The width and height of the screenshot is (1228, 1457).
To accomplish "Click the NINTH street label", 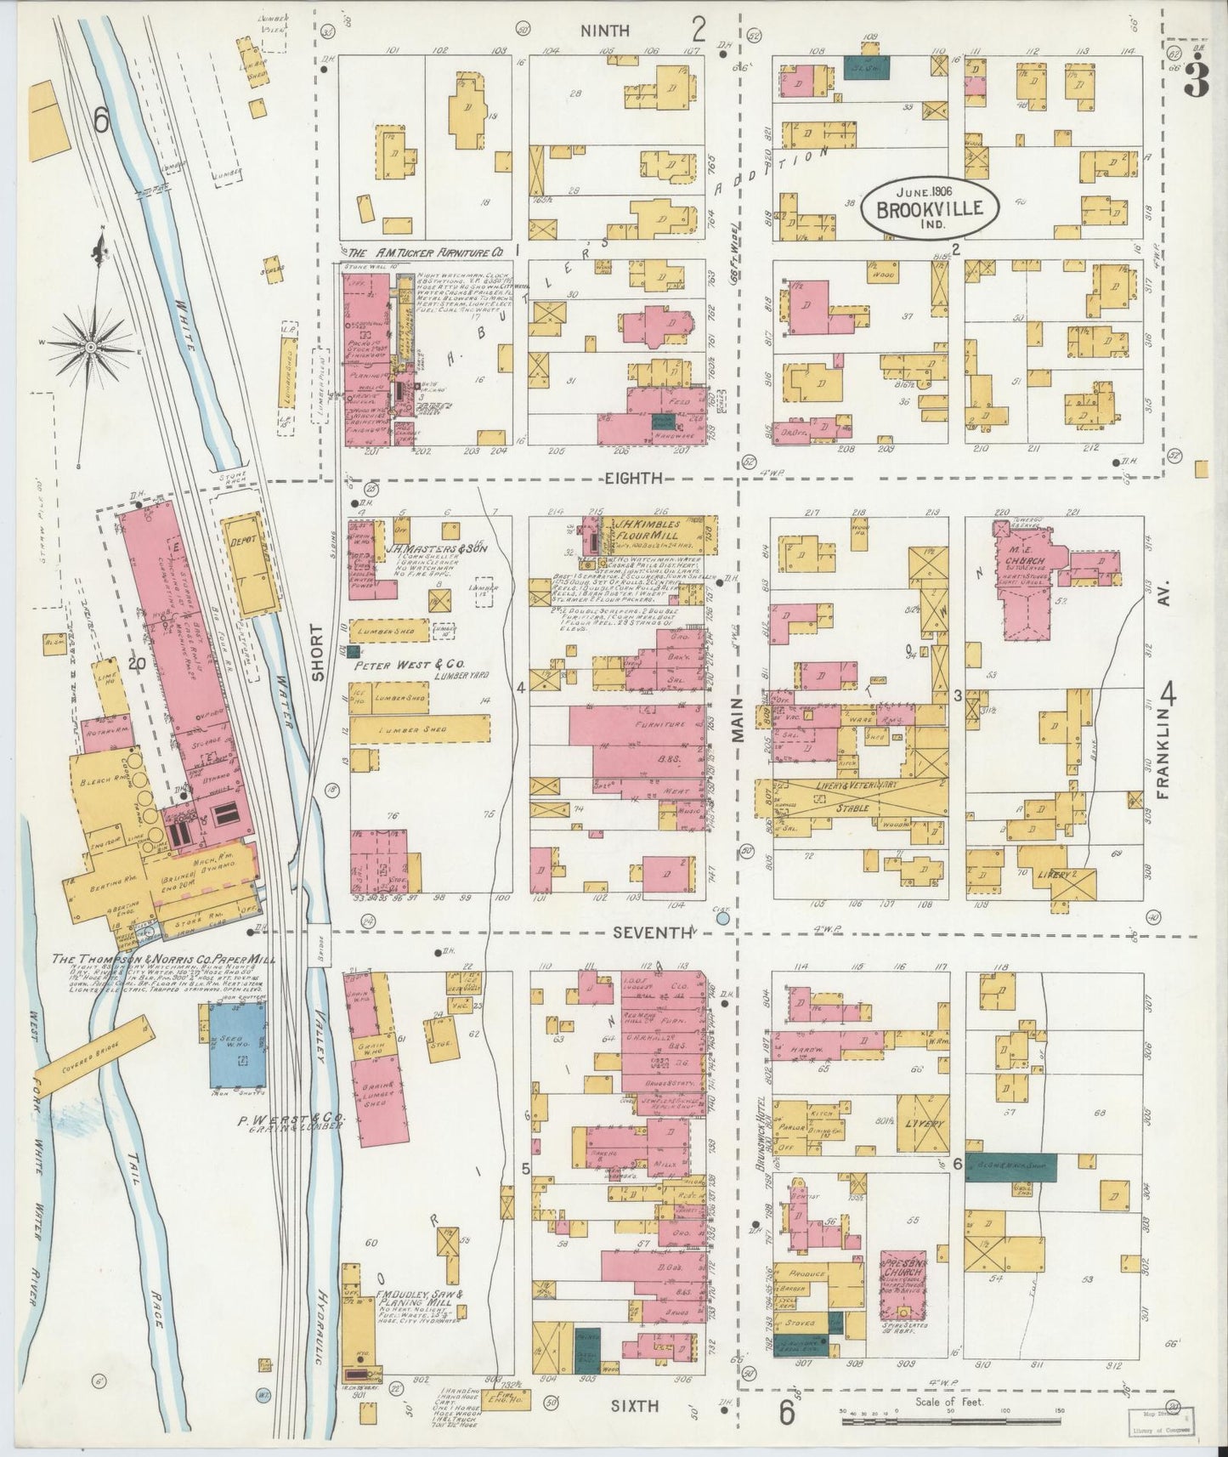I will coord(605,31).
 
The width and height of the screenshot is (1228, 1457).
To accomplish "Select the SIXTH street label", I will coord(636,1407).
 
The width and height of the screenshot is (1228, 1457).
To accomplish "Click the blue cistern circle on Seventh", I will coord(722,918).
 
